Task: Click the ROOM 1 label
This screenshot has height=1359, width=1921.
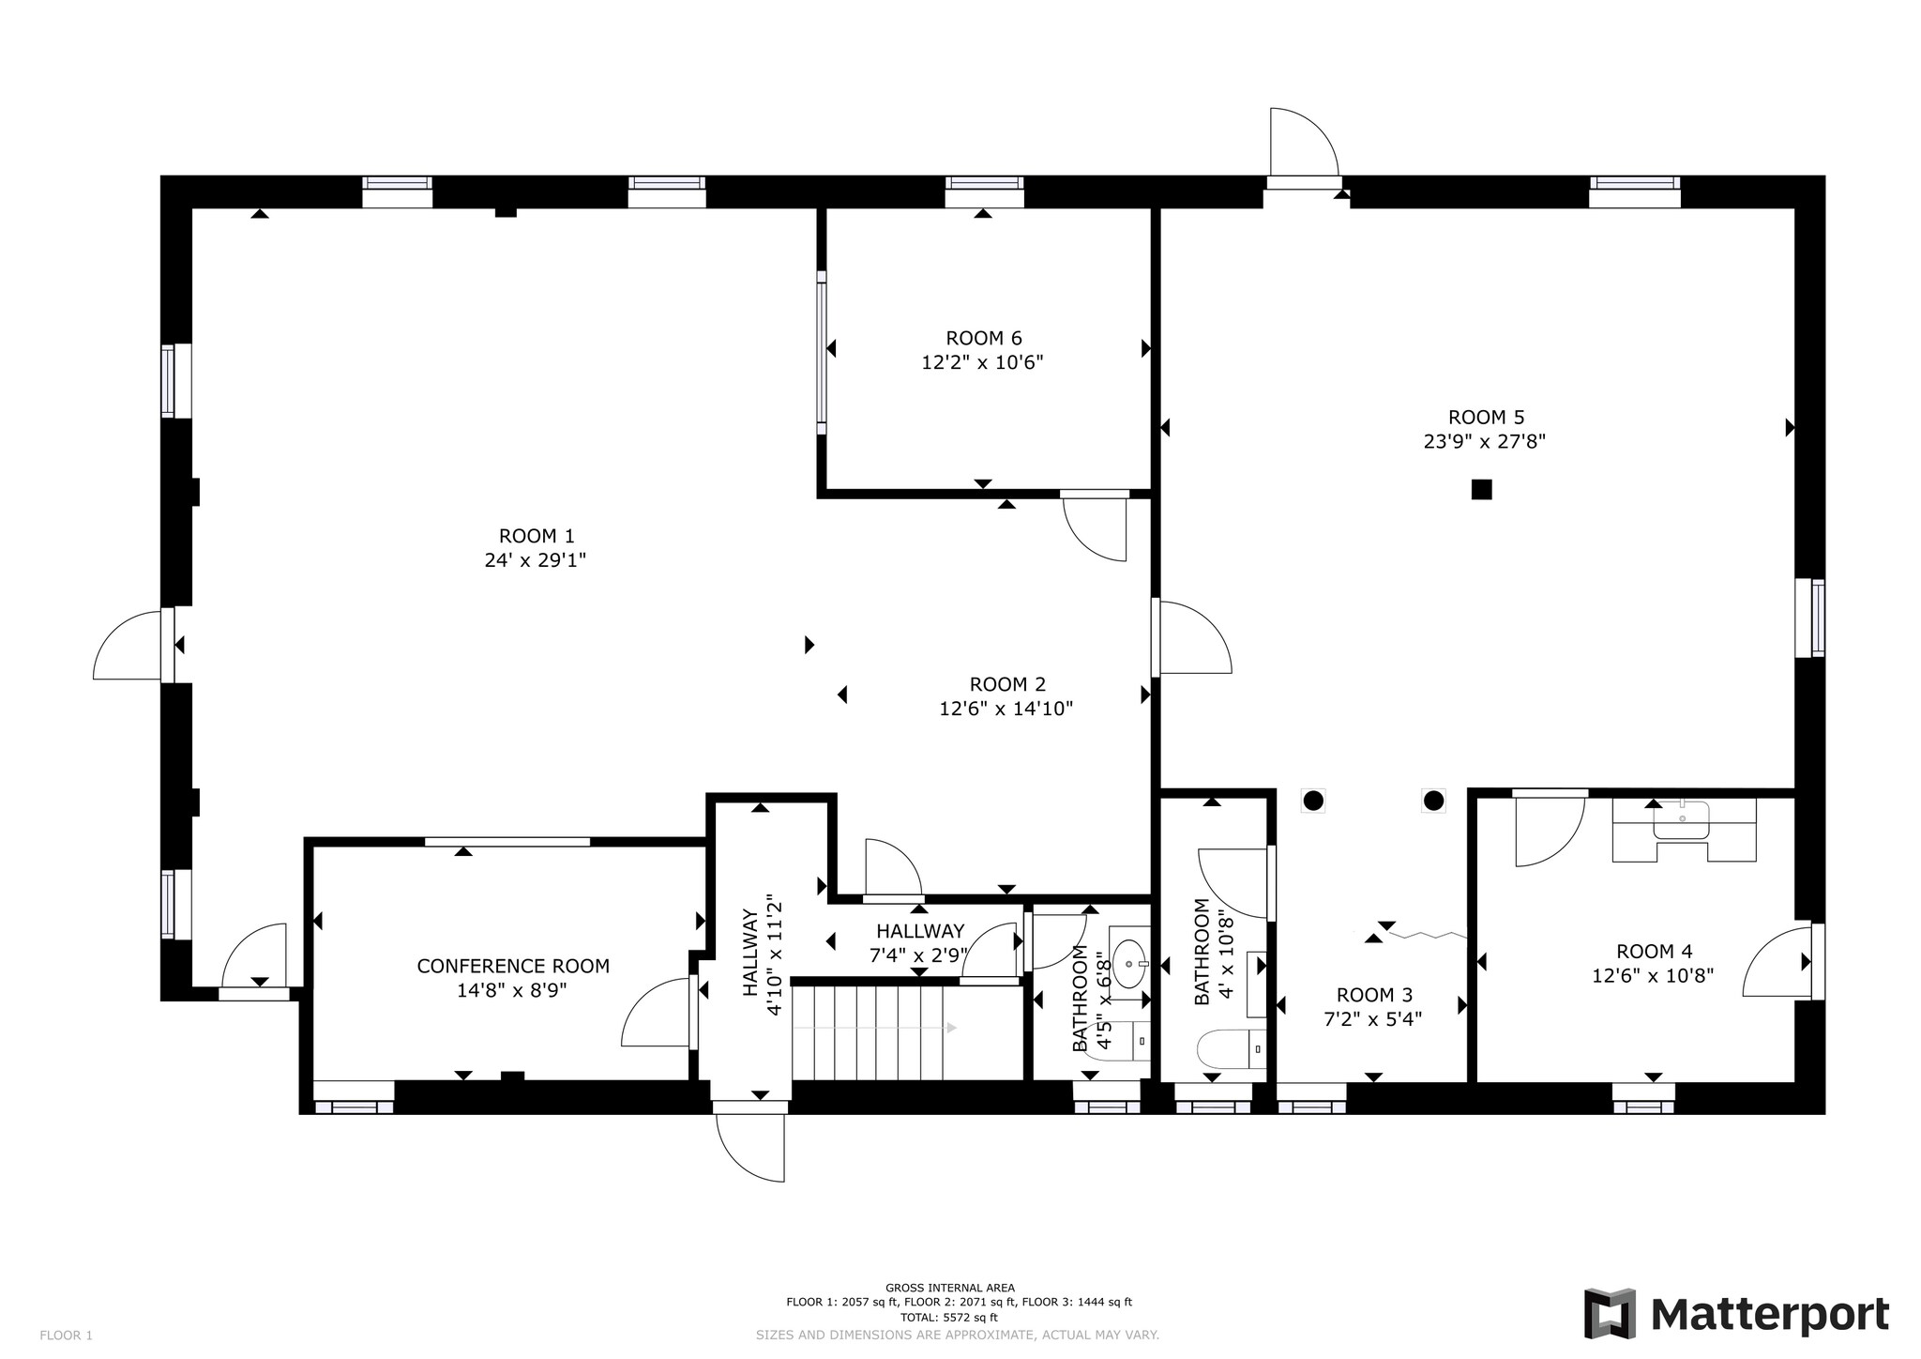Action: point(536,536)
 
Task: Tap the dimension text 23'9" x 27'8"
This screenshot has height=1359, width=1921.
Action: point(1484,441)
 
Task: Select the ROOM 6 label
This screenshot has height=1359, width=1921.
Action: point(983,338)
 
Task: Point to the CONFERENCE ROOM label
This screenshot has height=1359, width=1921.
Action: point(513,966)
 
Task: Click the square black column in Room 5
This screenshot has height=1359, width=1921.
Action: point(1481,489)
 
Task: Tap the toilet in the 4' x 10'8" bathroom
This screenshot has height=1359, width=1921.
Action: point(1228,1049)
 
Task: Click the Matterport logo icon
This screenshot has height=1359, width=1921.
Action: point(1610,1313)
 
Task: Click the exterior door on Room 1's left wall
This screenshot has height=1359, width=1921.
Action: point(131,645)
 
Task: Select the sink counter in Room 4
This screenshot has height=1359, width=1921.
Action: point(1683,829)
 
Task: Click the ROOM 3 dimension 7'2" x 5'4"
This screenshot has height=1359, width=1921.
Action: point(1372,1019)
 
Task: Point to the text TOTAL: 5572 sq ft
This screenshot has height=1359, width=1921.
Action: point(948,1317)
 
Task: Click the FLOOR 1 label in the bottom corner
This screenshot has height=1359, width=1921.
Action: point(66,1336)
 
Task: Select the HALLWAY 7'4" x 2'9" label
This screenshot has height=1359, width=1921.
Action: point(920,931)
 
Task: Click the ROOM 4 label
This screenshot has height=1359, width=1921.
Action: point(1654,952)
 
